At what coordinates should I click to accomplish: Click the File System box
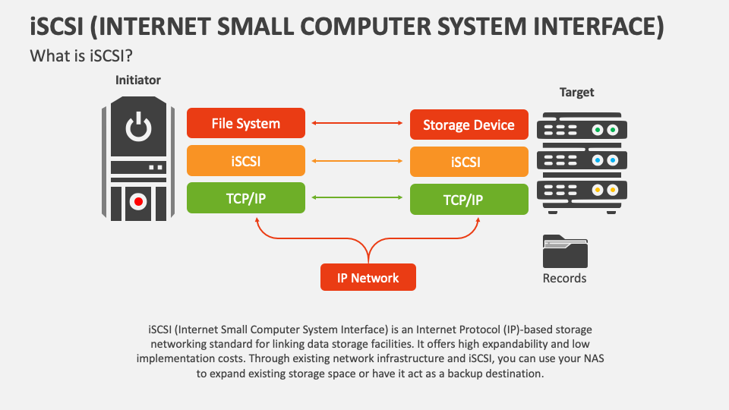click(246, 123)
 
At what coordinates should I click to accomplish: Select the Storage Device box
click(469, 125)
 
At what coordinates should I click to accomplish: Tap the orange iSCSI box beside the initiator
click(246, 161)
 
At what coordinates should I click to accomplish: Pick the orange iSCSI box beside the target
click(469, 162)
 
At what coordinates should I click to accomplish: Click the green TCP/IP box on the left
click(246, 197)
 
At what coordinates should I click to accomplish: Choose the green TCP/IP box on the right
click(469, 200)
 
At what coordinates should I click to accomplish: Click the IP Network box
click(368, 277)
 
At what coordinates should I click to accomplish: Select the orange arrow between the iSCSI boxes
click(358, 161)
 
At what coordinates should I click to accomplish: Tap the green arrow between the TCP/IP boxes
click(358, 198)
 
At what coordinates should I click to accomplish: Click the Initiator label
click(137, 80)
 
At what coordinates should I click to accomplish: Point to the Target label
click(576, 92)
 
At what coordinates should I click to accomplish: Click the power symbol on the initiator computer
click(138, 128)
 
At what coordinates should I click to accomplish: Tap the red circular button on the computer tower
click(138, 201)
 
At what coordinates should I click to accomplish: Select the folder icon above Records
click(565, 251)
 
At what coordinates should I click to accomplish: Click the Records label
click(564, 278)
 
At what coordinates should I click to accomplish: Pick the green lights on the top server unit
click(604, 131)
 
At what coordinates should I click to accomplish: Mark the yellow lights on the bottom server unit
click(604, 190)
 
